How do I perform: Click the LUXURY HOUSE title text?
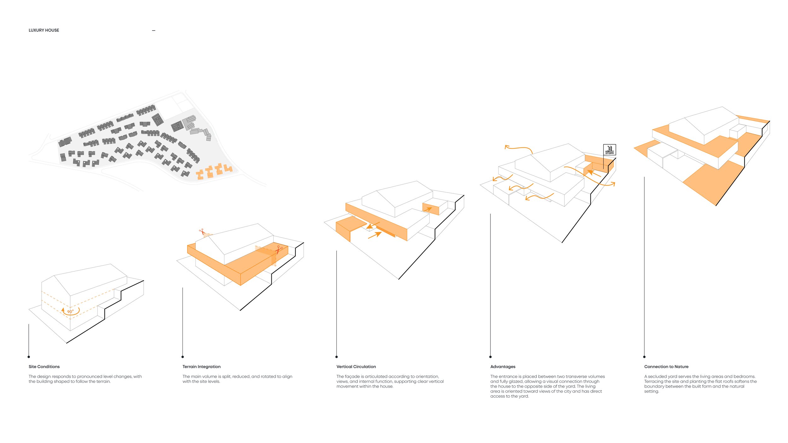pyautogui.click(x=44, y=30)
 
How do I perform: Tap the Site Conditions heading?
pyautogui.click(x=44, y=366)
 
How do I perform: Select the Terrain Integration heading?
pyautogui.click(x=201, y=366)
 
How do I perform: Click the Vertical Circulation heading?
pyautogui.click(x=356, y=366)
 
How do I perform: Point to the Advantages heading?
pyautogui.click(x=503, y=366)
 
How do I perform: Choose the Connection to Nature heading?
pyautogui.click(x=666, y=366)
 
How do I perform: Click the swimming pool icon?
pyautogui.click(x=609, y=150)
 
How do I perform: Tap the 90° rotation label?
pyautogui.click(x=70, y=311)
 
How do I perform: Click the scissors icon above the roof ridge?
pyautogui.click(x=202, y=232)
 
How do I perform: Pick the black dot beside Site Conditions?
pyautogui.click(x=29, y=357)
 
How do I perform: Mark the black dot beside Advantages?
pyautogui.click(x=490, y=357)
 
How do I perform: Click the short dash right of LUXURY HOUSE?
pyautogui.click(x=154, y=31)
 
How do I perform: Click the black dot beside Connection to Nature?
pyautogui.click(x=644, y=357)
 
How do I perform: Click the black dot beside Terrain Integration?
pyautogui.click(x=183, y=357)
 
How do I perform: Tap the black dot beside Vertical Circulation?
pyautogui.click(x=337, y=357)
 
